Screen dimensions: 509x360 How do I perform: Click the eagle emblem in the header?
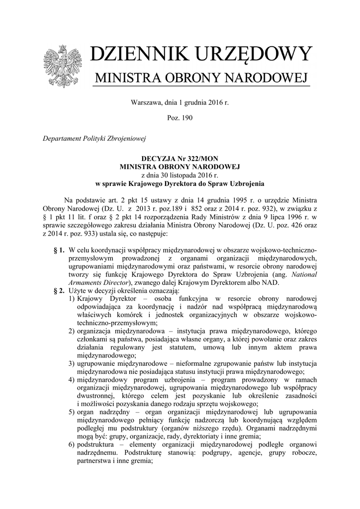pos(63,67)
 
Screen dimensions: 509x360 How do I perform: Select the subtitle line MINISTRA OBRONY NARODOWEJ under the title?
pos(201,78)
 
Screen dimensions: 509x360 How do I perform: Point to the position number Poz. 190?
pos(180,118)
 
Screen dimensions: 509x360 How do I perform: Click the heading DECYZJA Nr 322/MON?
pos(180,157)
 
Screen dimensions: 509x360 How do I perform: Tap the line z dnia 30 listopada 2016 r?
pos(180,174)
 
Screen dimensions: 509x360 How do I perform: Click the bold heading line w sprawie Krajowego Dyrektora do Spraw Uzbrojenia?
pos(180,183)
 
